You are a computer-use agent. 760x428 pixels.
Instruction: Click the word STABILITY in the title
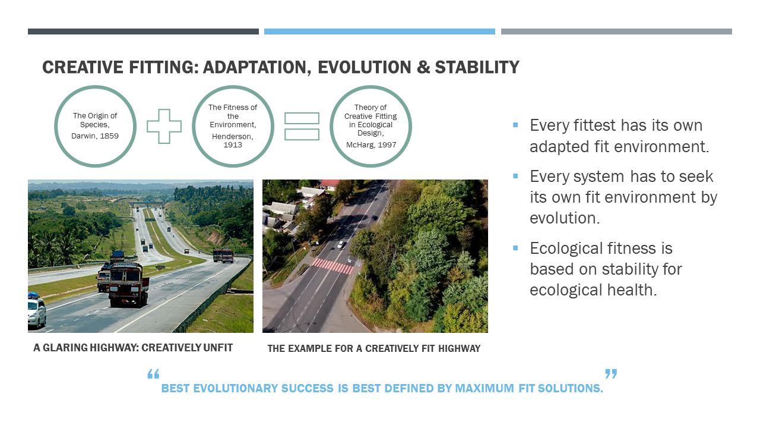[x=477, y=67]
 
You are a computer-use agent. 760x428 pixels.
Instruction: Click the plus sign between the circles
[x=164, y=127]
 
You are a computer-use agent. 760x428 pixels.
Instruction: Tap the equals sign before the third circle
[x=302, y=127]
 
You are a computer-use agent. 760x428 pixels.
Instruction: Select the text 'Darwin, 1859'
[x=95, y=136]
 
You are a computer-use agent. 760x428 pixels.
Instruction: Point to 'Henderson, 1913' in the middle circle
[x=233, y=141]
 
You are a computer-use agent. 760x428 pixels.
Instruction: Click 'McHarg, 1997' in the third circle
[x=371, y=144]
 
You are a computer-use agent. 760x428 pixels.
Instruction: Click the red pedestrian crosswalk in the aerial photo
[x=333, y=266]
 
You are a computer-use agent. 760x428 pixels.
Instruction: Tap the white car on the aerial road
[x=341, y=244]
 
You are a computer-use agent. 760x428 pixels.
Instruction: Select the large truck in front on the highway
[x=128, y=284]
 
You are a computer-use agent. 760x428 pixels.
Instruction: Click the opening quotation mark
[x=153, y=374]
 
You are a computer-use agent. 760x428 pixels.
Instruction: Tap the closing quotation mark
[x=611, y=374]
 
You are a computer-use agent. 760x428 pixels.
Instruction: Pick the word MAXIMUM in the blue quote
[x=484, y=388]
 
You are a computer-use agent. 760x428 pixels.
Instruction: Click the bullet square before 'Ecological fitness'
[x=515, y=248]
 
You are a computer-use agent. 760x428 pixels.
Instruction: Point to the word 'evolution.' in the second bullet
[x=565, y=218]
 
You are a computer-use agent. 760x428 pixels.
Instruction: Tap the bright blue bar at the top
[x=379, y=32]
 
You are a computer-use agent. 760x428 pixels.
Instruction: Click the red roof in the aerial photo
[x=329, y=184]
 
